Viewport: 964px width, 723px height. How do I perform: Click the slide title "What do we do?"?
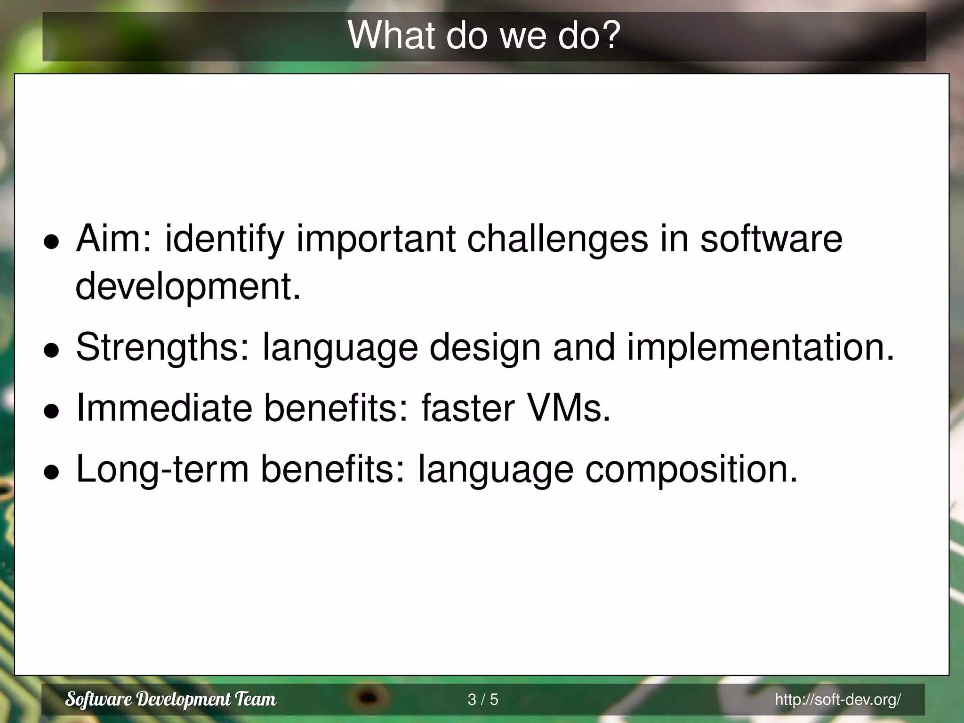coord(484,36)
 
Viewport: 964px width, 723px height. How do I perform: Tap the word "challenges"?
coord(557,239)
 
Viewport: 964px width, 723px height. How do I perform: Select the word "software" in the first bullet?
coord(771,239)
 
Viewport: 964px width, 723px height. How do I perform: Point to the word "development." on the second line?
coord(188,287)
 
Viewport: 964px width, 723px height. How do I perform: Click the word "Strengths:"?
coord(163,347)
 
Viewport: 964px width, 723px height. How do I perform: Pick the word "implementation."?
coord(760,347)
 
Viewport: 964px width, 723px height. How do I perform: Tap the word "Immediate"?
coord(164,408)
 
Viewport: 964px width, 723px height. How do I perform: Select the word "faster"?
coord(467,408)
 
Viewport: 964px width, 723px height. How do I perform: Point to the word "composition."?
coord(691,469)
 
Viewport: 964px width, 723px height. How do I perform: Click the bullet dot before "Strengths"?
coord(51,350)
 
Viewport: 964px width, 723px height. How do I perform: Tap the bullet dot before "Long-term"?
coord(51,472)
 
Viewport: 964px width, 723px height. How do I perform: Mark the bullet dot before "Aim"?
coord(51,242)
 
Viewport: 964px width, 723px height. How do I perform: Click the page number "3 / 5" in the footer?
coord(482,699)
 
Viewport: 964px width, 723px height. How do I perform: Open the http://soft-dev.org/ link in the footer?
coord(837,699)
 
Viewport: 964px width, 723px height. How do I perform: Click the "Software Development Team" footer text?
coord(171,699)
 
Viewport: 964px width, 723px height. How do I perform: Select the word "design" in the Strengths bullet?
coord(485,347)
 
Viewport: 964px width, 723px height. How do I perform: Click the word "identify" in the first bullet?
coord(225,239)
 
